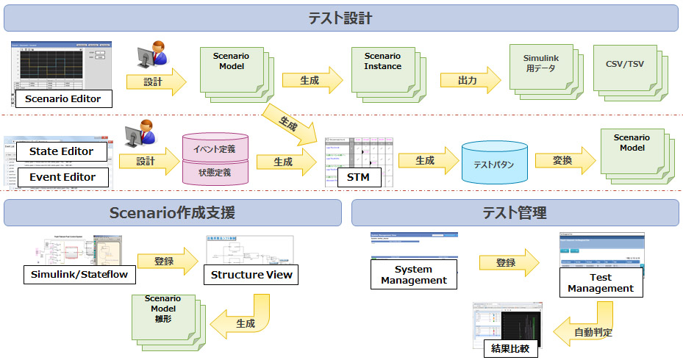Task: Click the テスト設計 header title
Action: point(340,18)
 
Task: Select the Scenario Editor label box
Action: point(62,98)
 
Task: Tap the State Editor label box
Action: point(62,151)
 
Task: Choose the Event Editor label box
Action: point(62,177)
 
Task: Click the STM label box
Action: point(359,177)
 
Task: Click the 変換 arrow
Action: point(563,160)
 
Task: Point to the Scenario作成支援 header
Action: point(172,213)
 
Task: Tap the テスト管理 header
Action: point(515,213)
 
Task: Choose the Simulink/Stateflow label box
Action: point(79,275)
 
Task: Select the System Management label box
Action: point(414,275)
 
